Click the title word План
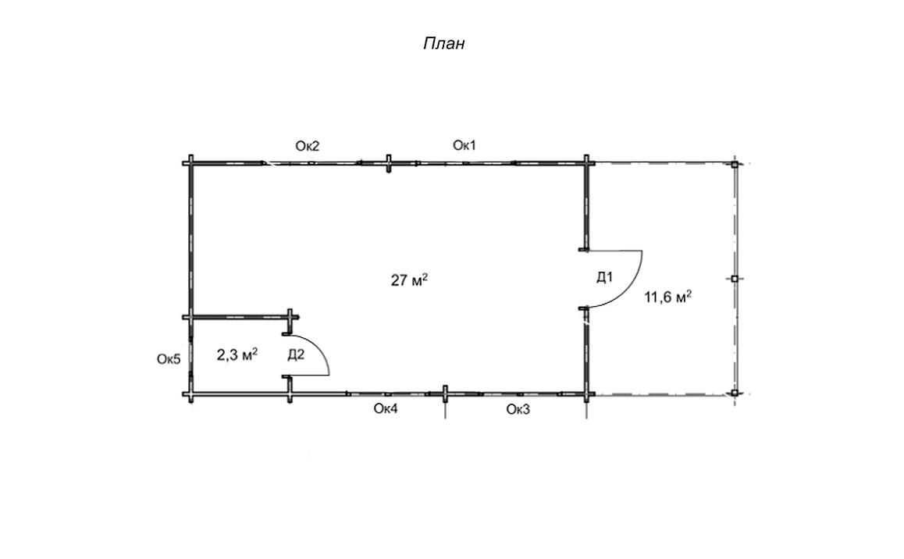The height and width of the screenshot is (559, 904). [444, 44]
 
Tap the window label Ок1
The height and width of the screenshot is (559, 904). [464, 145]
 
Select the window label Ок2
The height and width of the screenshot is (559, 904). [308, 146]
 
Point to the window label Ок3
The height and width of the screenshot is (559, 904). [518, 409]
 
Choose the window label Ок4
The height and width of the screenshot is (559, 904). [386, 409]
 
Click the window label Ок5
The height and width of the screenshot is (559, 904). [169, 359]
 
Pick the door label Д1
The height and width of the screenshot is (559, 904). [604, 277]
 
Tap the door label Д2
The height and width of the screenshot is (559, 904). [296, 354]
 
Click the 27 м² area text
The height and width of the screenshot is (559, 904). [409, 280]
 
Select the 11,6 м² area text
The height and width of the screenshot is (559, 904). [667, 297]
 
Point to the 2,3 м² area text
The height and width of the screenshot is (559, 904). [237, 354]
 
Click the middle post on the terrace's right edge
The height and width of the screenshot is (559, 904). [735, 279]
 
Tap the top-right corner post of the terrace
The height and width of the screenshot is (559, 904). [735, 164]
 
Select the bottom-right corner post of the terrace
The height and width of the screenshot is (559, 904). [735, 393]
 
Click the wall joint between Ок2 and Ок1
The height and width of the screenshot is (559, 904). [389, 163]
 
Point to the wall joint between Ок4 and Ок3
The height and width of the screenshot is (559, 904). [445, 394]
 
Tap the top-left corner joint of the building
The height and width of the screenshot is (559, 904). [190, 164]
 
